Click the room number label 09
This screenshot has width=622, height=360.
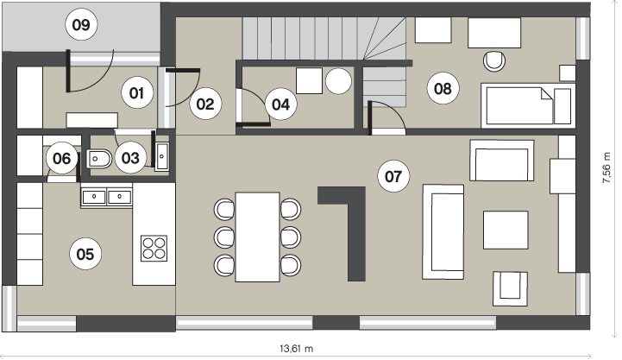point(81,25)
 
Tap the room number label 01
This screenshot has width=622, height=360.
point(136,93)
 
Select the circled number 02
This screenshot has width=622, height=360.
point(205,104)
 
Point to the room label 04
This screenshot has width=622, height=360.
point(281,104)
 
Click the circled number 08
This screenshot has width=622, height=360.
point(443,89)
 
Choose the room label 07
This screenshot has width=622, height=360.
point(393,176)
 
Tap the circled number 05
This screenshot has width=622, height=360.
point(85,254)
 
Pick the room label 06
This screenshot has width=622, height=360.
point(62,158)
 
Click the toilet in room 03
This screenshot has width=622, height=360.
point(98,159)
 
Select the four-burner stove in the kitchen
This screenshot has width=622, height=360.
point(154,249)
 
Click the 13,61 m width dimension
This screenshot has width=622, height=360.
point(296,349)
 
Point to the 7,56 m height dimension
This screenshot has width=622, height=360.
point(606,167)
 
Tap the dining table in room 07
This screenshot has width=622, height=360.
point(257,237)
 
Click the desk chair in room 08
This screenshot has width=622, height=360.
point(494,61)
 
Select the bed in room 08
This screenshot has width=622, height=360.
point(528,105)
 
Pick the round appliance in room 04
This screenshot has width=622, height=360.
point(338,81)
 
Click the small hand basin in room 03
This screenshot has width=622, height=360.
point(162,156)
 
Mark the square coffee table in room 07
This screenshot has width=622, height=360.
point(506,231)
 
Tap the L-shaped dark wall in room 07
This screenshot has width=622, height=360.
point(356,234)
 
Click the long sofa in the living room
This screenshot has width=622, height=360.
point(443,231)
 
